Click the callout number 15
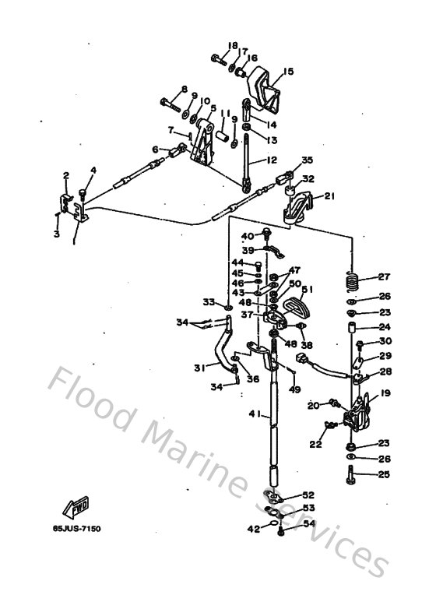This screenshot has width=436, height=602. pos(288,72)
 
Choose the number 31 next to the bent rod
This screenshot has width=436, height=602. pos(200,368)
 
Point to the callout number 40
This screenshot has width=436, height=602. pos(247,236)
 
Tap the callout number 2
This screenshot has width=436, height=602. pos(66,175)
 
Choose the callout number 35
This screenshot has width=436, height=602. pos(307,160)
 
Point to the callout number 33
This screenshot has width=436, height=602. pos(208,301)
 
